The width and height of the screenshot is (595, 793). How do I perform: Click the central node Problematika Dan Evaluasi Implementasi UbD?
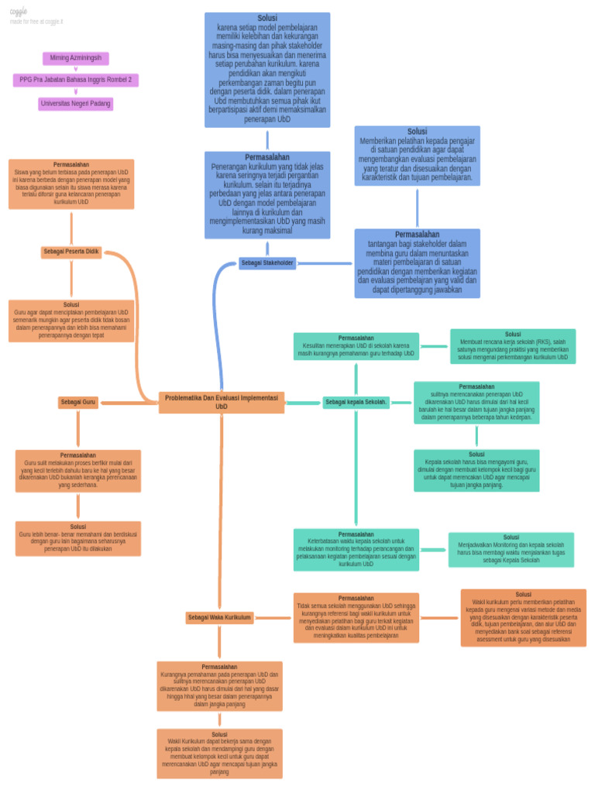222,402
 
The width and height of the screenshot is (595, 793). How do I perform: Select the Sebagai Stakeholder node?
267,263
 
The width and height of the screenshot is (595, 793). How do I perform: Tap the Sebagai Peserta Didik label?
71,252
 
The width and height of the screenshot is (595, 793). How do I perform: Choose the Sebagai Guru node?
78,403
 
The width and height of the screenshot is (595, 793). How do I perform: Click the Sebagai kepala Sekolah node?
356,403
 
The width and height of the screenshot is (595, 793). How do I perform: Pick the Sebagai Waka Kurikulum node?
220,617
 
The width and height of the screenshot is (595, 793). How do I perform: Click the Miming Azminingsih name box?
75,59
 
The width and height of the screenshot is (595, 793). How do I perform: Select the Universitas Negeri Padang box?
75,104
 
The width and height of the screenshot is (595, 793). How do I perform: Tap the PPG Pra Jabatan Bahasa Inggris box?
75,81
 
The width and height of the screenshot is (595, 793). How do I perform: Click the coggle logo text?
19,12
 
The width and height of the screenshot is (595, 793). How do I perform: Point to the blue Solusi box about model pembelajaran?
267,70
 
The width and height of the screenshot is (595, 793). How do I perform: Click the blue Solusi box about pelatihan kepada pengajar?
417,156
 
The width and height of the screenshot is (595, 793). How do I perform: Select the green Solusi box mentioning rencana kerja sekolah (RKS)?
513,346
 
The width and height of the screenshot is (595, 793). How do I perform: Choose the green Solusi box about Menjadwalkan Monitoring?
511,549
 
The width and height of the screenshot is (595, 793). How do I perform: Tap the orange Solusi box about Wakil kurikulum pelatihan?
524,617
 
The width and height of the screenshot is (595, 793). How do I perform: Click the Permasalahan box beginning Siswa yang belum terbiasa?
71,184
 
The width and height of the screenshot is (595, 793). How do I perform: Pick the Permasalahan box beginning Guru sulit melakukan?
78,471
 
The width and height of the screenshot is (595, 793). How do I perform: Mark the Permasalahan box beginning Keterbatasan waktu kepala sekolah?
356,550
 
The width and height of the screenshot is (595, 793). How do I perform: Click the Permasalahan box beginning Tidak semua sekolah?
356,617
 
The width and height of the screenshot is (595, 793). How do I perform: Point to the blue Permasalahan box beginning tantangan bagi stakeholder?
417,263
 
